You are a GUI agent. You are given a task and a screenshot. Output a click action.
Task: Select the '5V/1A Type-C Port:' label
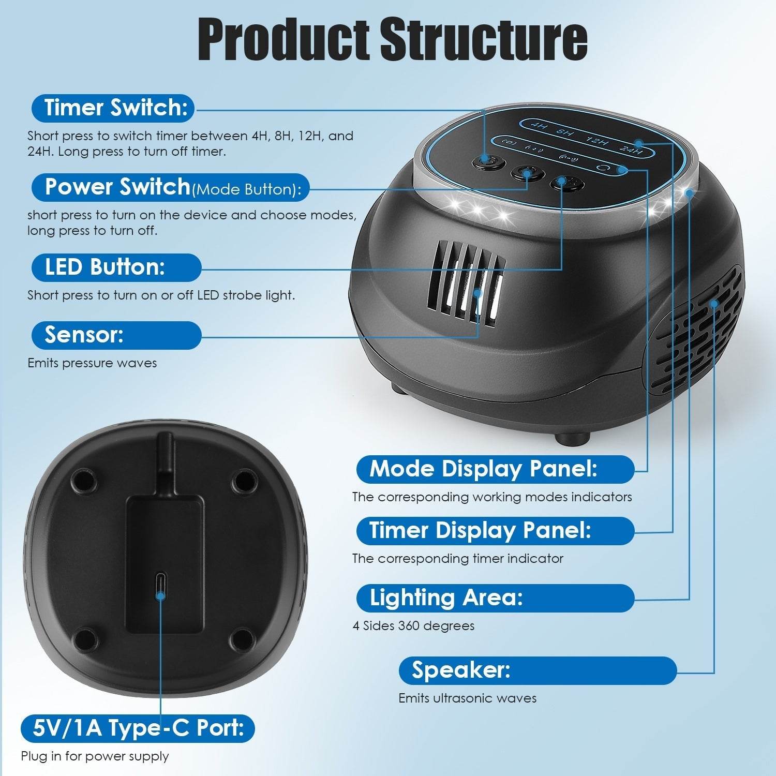138,728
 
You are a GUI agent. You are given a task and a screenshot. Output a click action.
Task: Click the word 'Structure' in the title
484,40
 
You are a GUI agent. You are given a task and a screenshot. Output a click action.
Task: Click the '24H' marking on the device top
631,151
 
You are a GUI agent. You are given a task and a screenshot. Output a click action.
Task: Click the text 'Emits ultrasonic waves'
467,698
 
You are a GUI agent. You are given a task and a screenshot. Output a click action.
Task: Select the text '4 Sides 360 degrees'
413,626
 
